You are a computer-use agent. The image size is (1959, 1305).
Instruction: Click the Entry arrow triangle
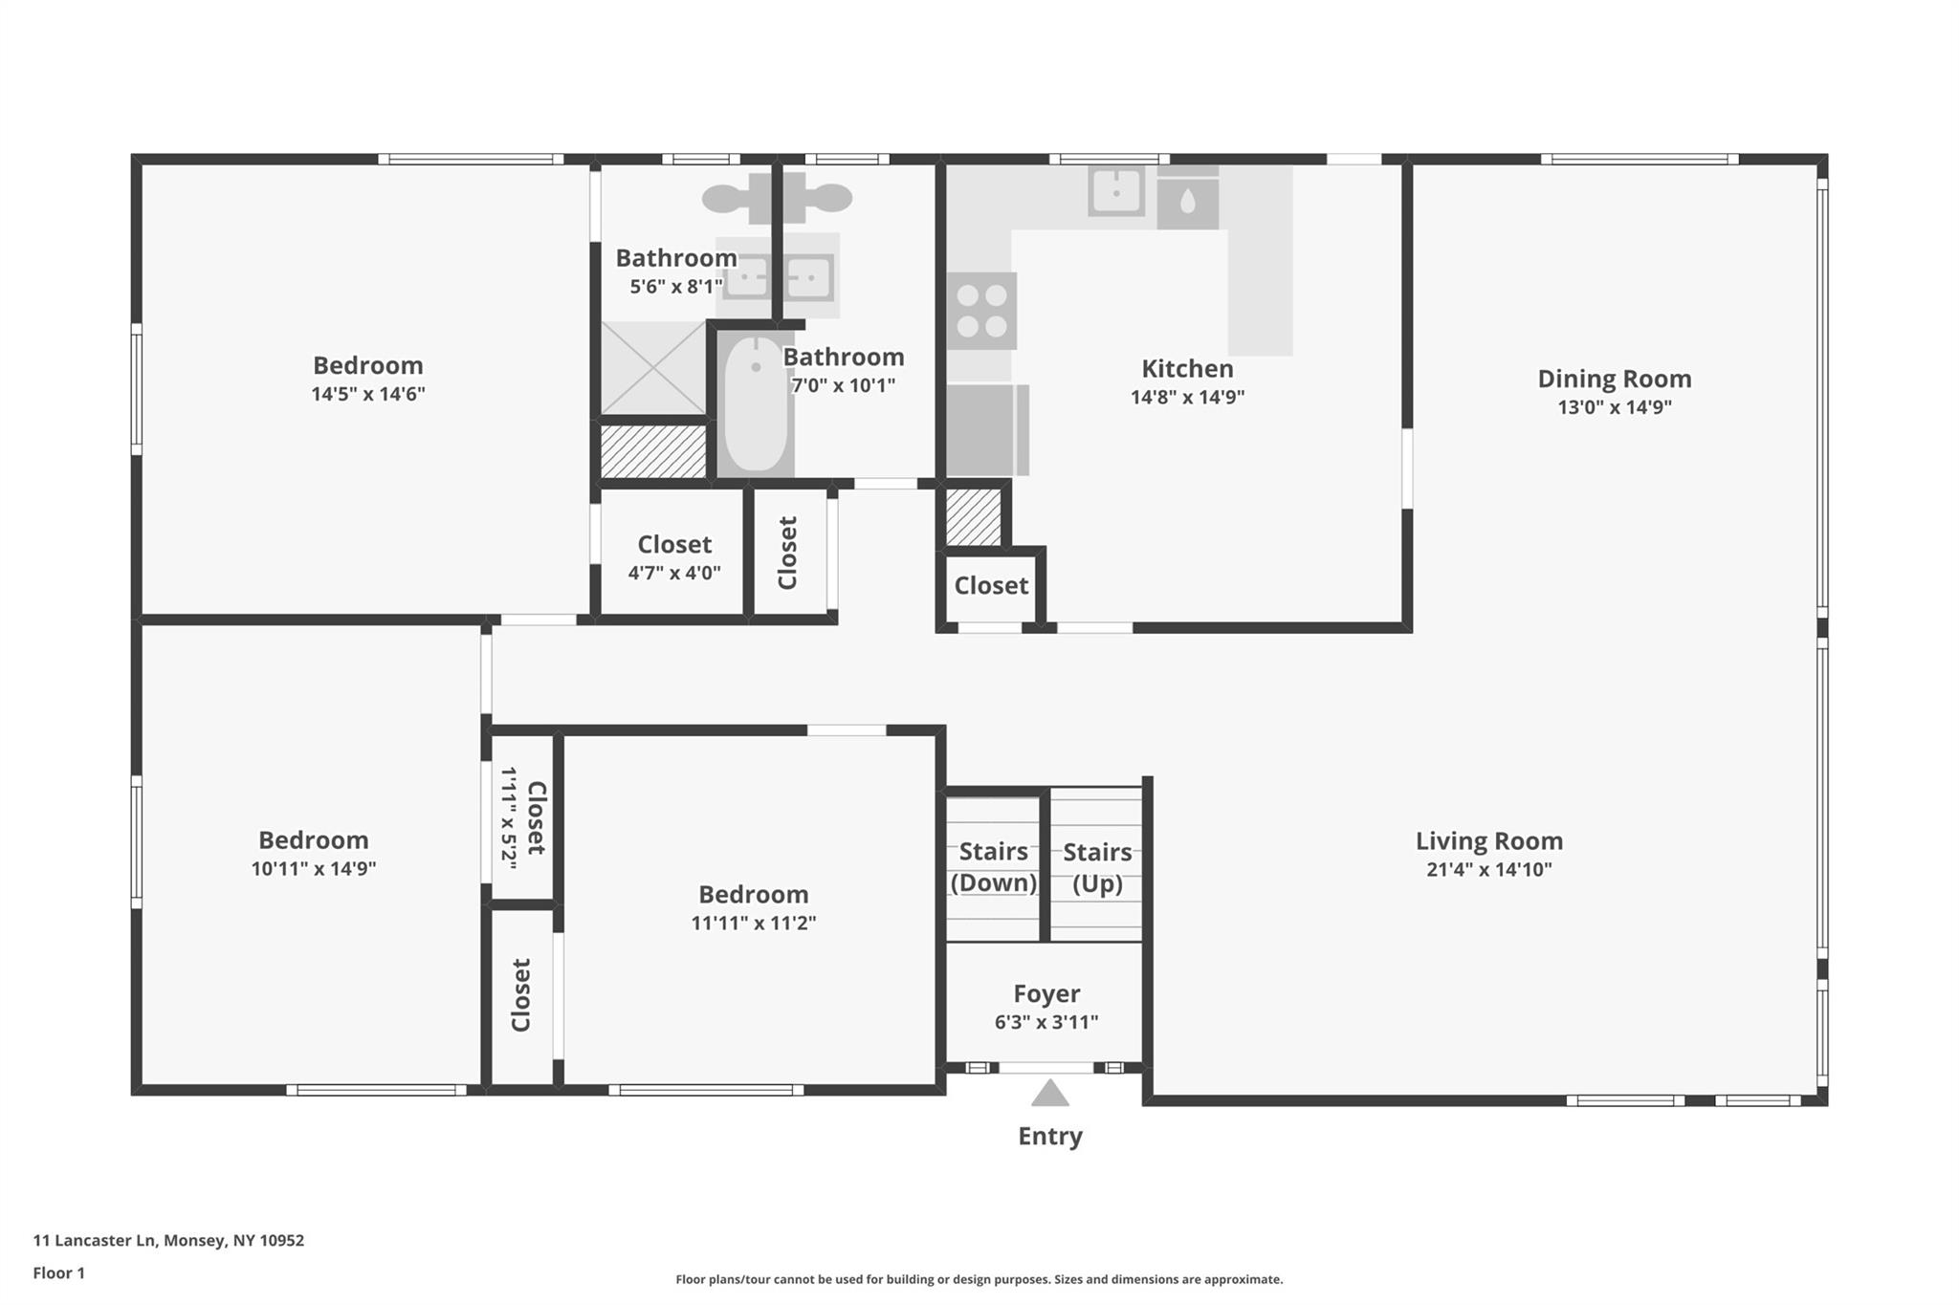pos(1049,1094)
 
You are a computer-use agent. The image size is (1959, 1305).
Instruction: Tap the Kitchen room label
pos(1187,369)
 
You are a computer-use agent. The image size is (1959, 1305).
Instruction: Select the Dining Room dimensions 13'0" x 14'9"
pos(1614,407)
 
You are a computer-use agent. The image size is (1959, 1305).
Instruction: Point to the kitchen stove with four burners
pos(982,312)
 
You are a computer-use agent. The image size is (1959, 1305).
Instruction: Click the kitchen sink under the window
pos(1116,191)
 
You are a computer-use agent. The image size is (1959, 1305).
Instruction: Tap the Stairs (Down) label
pos(993,866)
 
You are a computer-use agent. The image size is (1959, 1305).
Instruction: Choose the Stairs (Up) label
pos(1097,866)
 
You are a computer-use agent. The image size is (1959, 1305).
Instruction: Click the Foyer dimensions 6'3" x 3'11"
pos(1046,1022)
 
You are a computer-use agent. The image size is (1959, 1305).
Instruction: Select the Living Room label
pos(1488,841)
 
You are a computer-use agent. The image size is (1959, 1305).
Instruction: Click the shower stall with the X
pos(652,368)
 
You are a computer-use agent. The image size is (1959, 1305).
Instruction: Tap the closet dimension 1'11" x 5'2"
pos(509,817)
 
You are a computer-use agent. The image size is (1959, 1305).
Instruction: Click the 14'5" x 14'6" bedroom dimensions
pos(367,394)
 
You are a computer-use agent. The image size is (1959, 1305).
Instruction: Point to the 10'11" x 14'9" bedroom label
pos(313,840)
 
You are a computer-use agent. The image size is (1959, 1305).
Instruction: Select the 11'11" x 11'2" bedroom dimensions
pos(753,924)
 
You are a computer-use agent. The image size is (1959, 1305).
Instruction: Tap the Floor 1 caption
pos(58,1272)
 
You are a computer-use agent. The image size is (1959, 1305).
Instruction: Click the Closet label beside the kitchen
pos(990,585)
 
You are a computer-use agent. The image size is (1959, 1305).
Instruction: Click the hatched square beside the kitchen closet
pos(973,517)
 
